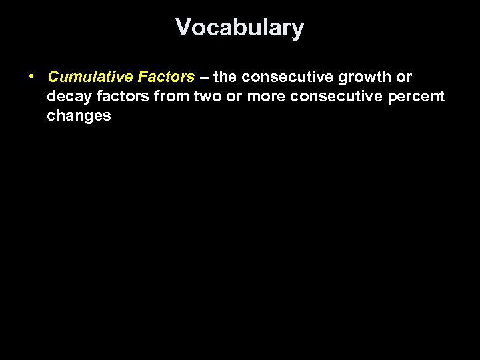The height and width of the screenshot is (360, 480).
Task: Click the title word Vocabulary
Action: (240, 28)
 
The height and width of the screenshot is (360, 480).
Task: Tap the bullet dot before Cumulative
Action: (32, 77)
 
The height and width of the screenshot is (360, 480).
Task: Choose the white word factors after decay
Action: (118, 97)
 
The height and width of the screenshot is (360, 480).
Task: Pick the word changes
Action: (79, 116)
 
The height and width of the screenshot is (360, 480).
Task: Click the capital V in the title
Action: (183, 28)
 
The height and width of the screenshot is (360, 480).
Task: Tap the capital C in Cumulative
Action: (54, 77)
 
